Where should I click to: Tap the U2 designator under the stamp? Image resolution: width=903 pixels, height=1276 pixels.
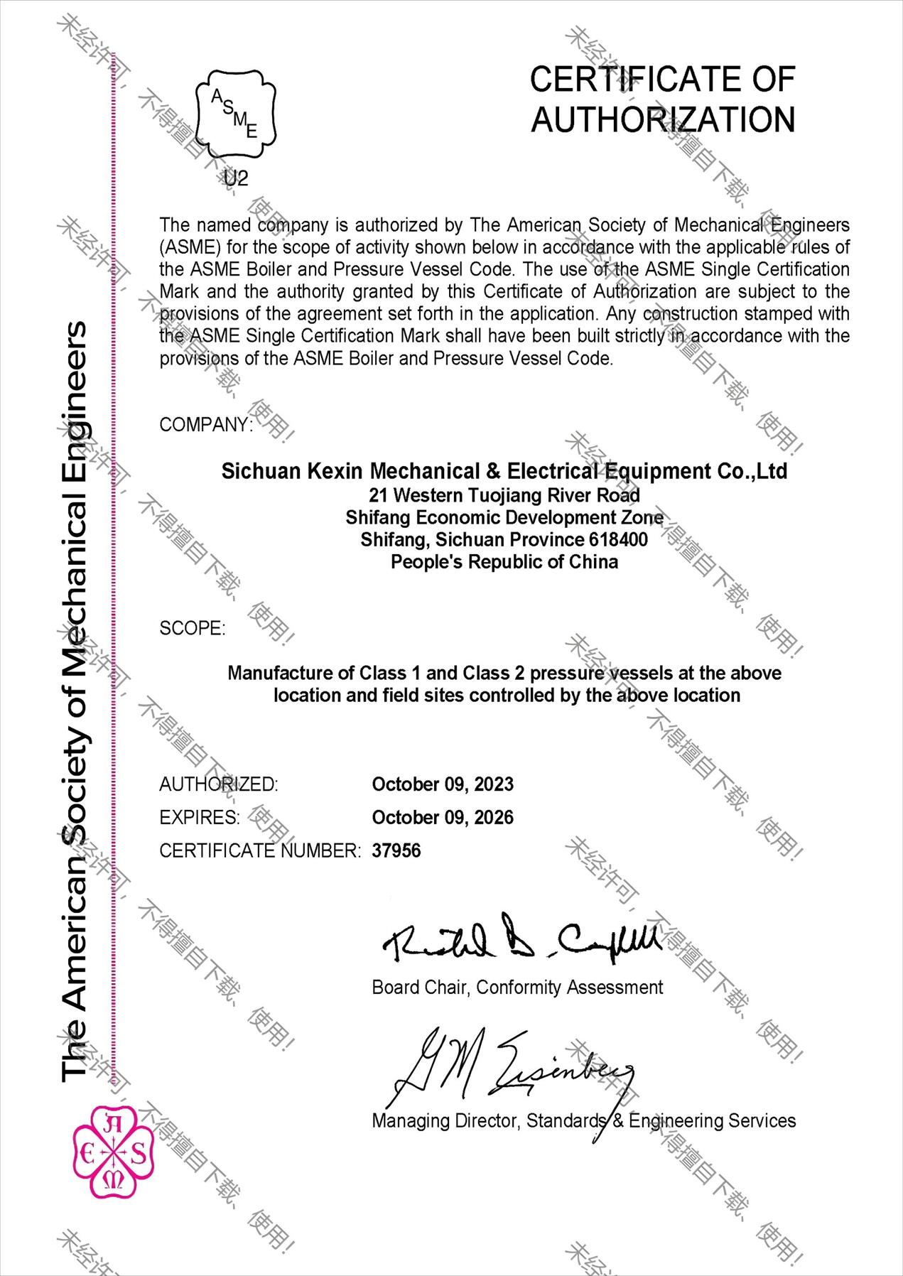[x=236, y=178]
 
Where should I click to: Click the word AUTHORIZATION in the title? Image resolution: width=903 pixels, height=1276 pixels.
[x=663, y=119]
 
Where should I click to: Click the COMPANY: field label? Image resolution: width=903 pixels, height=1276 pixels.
[x=205, y=425]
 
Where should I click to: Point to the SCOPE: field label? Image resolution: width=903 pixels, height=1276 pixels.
[x=192, y=628]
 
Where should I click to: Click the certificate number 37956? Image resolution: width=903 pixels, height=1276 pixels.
[x=396, y=850]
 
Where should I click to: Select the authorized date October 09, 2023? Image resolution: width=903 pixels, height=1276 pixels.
[x=443, y=784]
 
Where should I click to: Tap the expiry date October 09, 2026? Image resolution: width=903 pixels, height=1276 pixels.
[x=443, y=818]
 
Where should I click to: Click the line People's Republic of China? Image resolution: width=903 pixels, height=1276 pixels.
[x=504, y=562]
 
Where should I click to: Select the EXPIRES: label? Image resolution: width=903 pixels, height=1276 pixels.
[x=200, y=818]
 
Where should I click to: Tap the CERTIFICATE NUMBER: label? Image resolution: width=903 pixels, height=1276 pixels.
[x=260, y=850]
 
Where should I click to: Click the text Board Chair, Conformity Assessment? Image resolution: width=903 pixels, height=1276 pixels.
[x=517, y=988]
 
